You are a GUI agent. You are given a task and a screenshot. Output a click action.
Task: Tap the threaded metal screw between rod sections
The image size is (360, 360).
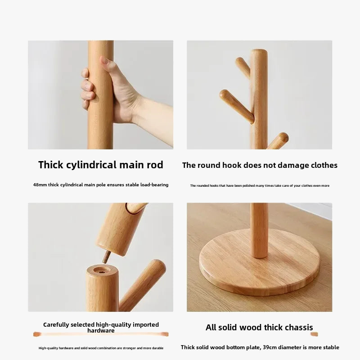106,257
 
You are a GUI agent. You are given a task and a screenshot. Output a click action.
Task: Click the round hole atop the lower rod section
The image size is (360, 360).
102,270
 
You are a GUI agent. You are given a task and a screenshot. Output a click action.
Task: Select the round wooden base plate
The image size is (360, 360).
260,262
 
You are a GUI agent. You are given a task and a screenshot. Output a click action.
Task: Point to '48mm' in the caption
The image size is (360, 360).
40,185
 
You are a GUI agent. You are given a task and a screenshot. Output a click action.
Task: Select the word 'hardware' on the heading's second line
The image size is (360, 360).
101,331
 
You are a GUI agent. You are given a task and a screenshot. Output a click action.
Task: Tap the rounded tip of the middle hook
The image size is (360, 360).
224,94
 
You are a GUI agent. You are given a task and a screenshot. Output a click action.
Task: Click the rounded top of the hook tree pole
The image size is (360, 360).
259,52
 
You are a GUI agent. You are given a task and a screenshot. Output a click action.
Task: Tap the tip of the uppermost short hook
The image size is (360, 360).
239,61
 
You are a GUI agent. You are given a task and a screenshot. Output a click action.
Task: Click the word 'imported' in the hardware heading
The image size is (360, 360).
146,325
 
